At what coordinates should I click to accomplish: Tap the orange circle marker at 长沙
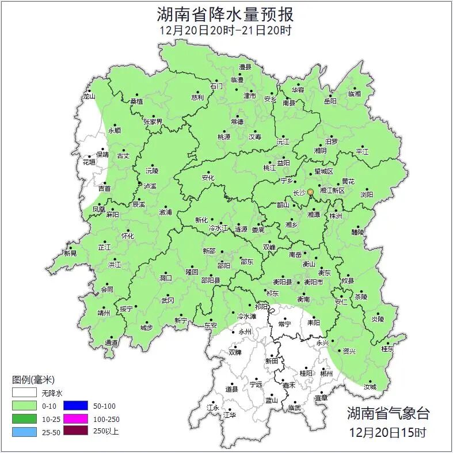click(310, 192)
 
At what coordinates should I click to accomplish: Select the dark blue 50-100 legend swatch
click(75, 406)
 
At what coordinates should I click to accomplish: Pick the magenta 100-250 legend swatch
click(75, 418)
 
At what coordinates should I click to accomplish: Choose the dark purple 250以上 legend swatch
click(75, 431)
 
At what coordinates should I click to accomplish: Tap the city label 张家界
click(153, 121)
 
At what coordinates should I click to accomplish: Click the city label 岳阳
click(330, 101)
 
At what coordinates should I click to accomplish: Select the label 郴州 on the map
click(327, 374)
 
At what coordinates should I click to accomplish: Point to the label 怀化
click(127, 236)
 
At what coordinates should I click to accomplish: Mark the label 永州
click(245, 332)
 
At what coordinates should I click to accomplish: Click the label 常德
click(237, 122)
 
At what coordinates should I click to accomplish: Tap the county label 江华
click(230, 414)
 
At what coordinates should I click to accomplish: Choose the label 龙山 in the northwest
click(89, 97)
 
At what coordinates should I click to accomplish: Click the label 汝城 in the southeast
click(370, 387)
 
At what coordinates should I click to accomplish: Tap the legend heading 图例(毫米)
click(33, 379)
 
